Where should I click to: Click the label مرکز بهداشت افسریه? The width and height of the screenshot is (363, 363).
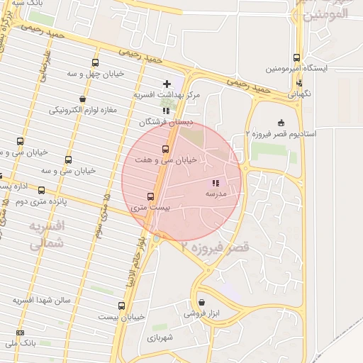tap(167, 94)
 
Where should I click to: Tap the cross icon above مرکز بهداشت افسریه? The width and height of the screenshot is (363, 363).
tap(167, 84)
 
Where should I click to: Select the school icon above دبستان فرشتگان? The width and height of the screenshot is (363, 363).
tap(166, 111)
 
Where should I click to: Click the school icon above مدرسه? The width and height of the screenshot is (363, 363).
tap(216, 183)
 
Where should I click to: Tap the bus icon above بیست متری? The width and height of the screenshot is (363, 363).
tap(150, 197)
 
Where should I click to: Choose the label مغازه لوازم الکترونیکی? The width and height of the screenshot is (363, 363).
tap(82, 110)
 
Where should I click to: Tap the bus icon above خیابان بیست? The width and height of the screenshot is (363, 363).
tap(121, 306)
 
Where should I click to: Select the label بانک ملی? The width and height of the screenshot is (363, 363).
tap(20, 343)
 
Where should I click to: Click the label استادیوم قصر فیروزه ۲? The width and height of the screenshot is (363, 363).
tap(281, 133)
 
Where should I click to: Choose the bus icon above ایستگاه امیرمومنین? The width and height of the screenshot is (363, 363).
tap(296, 58)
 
